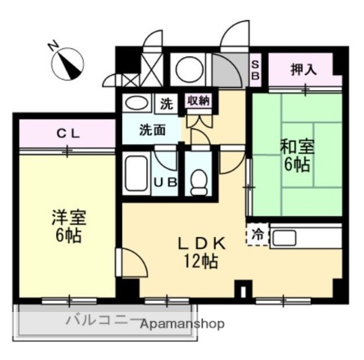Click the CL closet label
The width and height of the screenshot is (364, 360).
(x=68, y=133)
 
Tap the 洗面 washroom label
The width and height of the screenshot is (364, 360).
(x=151, y=128)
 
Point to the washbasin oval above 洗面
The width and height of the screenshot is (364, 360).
(x=136, y=103)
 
